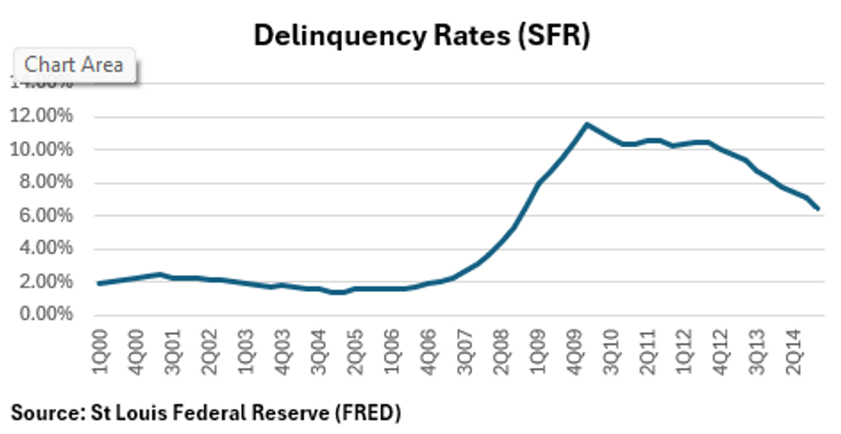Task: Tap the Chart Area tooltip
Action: click(74, 65)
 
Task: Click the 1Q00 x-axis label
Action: click(99, 347)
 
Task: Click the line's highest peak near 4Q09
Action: click(587, 125)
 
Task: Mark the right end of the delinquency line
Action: click(819, 210)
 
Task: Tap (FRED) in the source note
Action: click(370, 410)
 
